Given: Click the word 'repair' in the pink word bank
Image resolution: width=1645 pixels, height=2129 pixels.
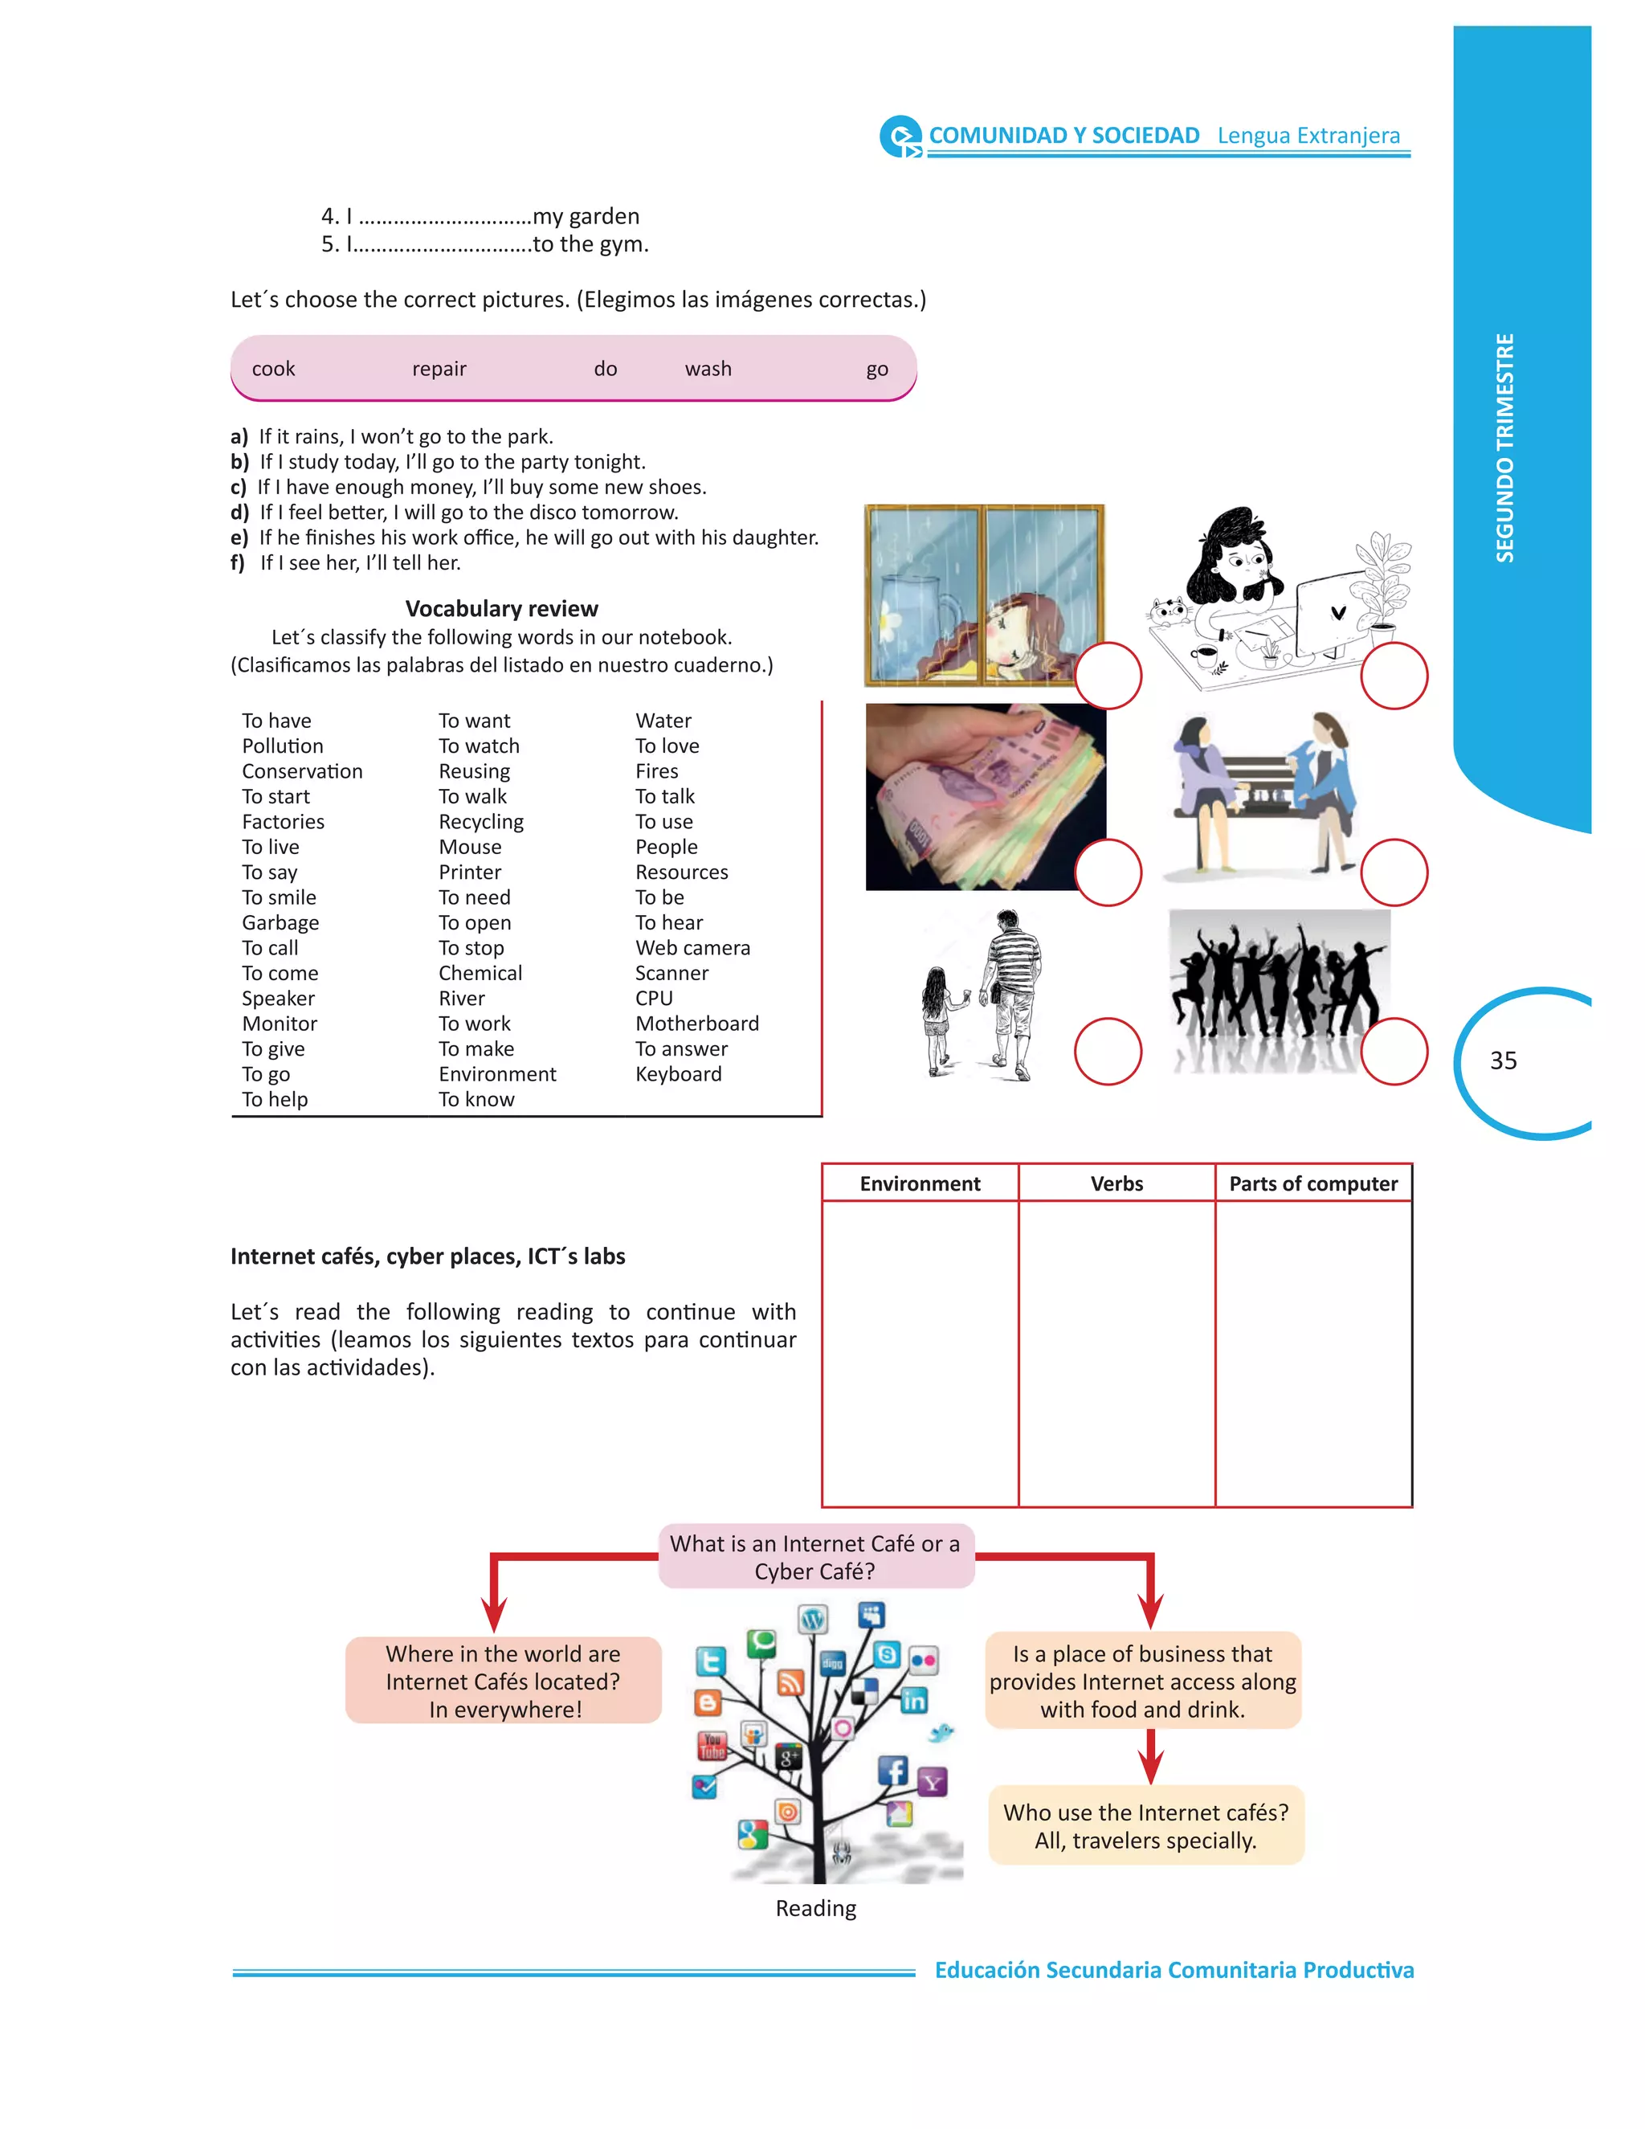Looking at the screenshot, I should (x=439, y=370).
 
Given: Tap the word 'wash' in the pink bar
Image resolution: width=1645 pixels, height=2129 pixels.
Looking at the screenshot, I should (x=708, y=370).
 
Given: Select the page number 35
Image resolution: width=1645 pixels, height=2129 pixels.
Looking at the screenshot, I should (x=1503, y=1060).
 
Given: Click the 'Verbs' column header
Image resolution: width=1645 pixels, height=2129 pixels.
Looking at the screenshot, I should (x=1116, y=1183).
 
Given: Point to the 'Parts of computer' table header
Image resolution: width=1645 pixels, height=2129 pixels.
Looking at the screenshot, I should (x=1312, y=1183).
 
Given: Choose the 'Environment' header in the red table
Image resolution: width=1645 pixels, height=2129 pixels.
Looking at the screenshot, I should (x=920, y=1183).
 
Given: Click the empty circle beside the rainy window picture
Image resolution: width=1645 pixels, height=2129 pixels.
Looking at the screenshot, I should (x=1107, y=676).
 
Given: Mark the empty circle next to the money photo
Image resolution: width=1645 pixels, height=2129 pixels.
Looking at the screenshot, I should (x=1107, y=872).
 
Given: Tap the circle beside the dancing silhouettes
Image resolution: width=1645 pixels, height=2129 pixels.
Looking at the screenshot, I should (x=1394, y=1051).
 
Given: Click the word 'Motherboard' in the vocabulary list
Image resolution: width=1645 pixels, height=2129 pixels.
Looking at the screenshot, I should (x=696, y=1024).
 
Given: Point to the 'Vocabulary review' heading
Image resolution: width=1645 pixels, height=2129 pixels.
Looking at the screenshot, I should (x=502, y=609).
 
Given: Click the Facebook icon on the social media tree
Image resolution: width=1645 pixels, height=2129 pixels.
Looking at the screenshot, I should (x=892, y=1770).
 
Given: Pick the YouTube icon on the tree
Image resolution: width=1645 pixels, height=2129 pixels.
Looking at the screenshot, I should (x=712, y=1746).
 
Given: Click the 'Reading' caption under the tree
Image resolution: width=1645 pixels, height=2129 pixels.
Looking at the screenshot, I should (x=816, y=1909).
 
